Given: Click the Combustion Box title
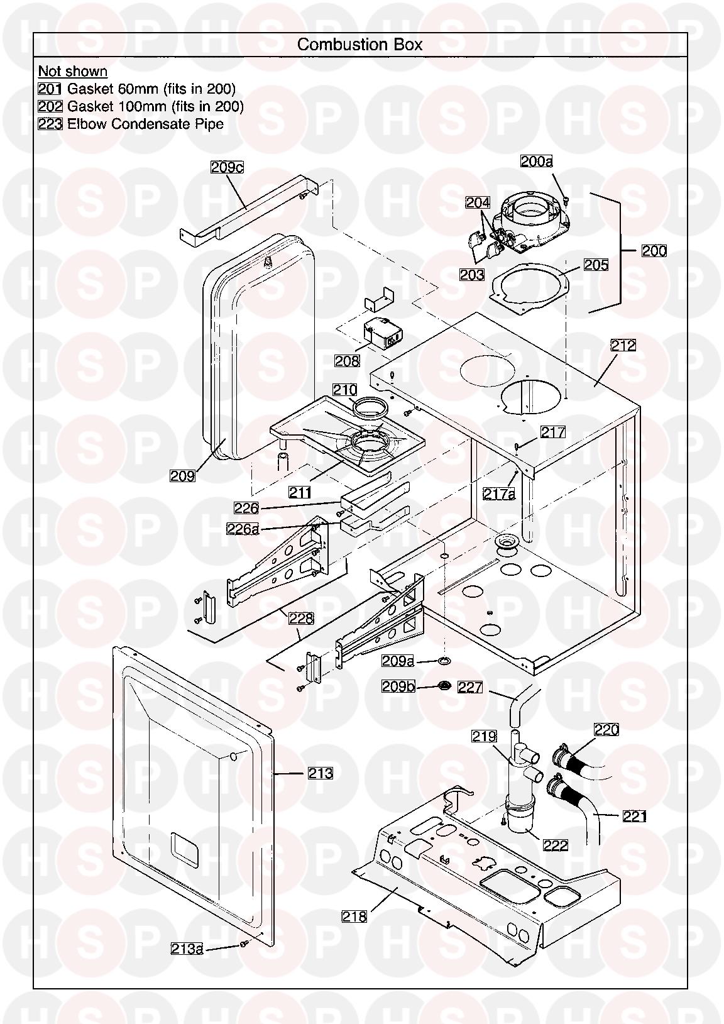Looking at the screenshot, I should (x=359, y=45).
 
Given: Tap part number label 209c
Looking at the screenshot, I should (x=227, y=168).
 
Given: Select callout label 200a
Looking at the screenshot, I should (x=536, y=162).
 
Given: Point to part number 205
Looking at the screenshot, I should (x=596, y=265).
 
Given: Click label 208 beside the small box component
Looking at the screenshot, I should (x=347, y=360).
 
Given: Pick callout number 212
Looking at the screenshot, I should (x=623, y=345).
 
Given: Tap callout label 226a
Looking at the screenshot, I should (x=243, y=529).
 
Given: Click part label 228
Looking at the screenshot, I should (x=301, y=619).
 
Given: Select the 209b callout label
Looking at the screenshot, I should (x=398, y=686).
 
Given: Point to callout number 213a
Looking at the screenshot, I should (x=187, y=948).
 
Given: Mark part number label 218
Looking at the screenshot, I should (x=354, y=917).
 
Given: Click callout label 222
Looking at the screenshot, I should (x=556, y=845).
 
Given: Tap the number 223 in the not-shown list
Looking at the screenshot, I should (x=50, y=124).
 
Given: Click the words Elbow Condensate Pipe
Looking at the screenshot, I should (x=145, y=124).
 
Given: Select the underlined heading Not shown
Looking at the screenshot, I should (x=73, y=71).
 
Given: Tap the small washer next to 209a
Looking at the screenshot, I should (x=445, y=661).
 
